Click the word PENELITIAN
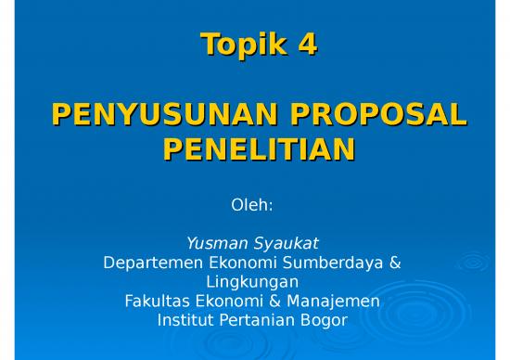tap(257, 148)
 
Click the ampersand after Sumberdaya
tap(396, 263)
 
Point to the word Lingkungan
tap(252, 282)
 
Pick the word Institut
tap(184, 321)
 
